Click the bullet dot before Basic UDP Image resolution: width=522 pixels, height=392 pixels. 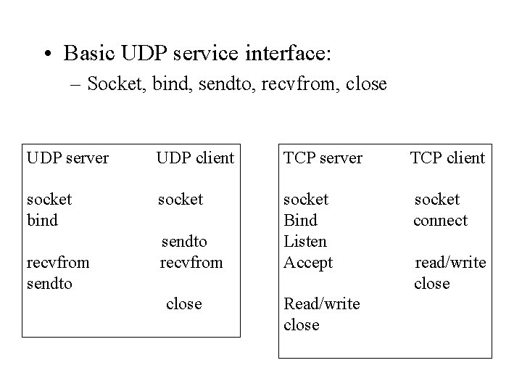[47, 54]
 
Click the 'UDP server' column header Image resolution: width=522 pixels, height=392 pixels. [67, 158]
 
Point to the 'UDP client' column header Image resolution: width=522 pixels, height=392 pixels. [196, 158]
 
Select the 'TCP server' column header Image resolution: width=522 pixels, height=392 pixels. [323, 158]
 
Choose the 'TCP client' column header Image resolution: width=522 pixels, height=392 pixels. [447, 158]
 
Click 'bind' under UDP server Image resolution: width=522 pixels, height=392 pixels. [41, 220]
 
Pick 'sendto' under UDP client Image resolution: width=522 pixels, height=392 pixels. [183, 241]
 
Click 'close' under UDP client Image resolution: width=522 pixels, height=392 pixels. [183, 304]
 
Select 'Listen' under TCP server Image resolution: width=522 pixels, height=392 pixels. [304, 241]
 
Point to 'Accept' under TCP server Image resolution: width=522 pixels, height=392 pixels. [307, 262]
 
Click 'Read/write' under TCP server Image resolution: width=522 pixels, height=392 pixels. [321, 304]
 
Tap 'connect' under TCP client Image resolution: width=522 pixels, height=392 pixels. [440, 220]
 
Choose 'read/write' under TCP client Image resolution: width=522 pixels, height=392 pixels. [449, 262]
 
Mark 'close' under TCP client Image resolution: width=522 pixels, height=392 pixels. [431, 283]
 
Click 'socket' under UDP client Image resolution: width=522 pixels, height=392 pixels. [181, 199]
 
